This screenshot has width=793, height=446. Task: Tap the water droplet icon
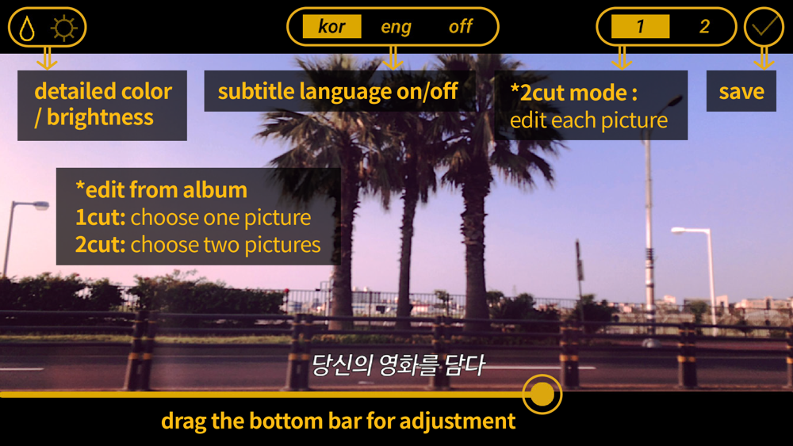[27, 27]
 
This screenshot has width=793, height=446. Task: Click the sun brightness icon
[64, 27]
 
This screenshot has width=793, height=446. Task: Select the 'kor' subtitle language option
[331, 26]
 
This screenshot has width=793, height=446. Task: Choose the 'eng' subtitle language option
[396, 27]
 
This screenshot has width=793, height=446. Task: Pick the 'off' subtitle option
[460, 26]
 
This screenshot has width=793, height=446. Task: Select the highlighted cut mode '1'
[640, 26]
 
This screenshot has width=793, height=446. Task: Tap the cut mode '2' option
[704, 26]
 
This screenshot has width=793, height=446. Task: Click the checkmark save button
[764, 27]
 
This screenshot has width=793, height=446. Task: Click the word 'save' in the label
[741, 91]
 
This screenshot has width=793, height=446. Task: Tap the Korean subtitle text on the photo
[398, 364]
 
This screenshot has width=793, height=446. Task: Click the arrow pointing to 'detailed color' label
[47, 58]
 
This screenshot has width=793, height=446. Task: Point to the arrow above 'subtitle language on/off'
[393, 58]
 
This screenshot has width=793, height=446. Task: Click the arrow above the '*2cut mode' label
[622, 58]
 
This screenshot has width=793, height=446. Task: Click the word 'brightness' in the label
[100, 118]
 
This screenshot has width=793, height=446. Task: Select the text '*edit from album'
[161, 190]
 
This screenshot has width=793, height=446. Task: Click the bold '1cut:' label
[100, 218]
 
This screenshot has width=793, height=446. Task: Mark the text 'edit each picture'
[588, 120]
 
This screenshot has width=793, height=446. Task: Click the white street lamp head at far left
[38, 206]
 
